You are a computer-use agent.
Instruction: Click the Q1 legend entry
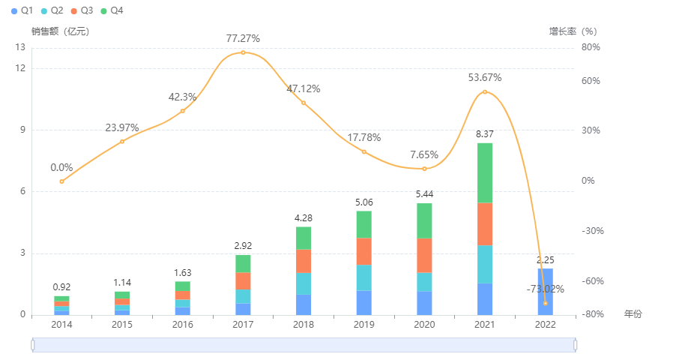[22, 10]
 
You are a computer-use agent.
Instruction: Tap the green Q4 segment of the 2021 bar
[485, 172]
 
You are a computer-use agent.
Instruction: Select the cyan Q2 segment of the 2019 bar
[363, 277]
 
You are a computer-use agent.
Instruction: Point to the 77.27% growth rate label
[243, 37]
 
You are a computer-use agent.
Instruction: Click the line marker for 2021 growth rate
[485, 92]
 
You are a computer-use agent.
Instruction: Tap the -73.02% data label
[545, 289]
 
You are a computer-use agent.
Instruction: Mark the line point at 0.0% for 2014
[61, 181]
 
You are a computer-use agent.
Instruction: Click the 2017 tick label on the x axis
[243, 325]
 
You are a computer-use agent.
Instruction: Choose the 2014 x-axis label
[61, 325]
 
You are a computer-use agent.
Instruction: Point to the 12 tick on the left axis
[20, 68]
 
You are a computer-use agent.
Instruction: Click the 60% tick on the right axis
[591, 81]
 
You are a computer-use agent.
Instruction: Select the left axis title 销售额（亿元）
[61, 31]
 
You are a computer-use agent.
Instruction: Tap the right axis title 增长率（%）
[573, 31]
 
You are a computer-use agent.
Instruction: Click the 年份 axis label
[633, 314]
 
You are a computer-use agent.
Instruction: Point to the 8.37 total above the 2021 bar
[485, 133]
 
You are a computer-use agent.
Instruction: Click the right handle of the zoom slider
[576, 344]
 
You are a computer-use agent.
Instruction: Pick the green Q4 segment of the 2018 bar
[304, 238]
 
